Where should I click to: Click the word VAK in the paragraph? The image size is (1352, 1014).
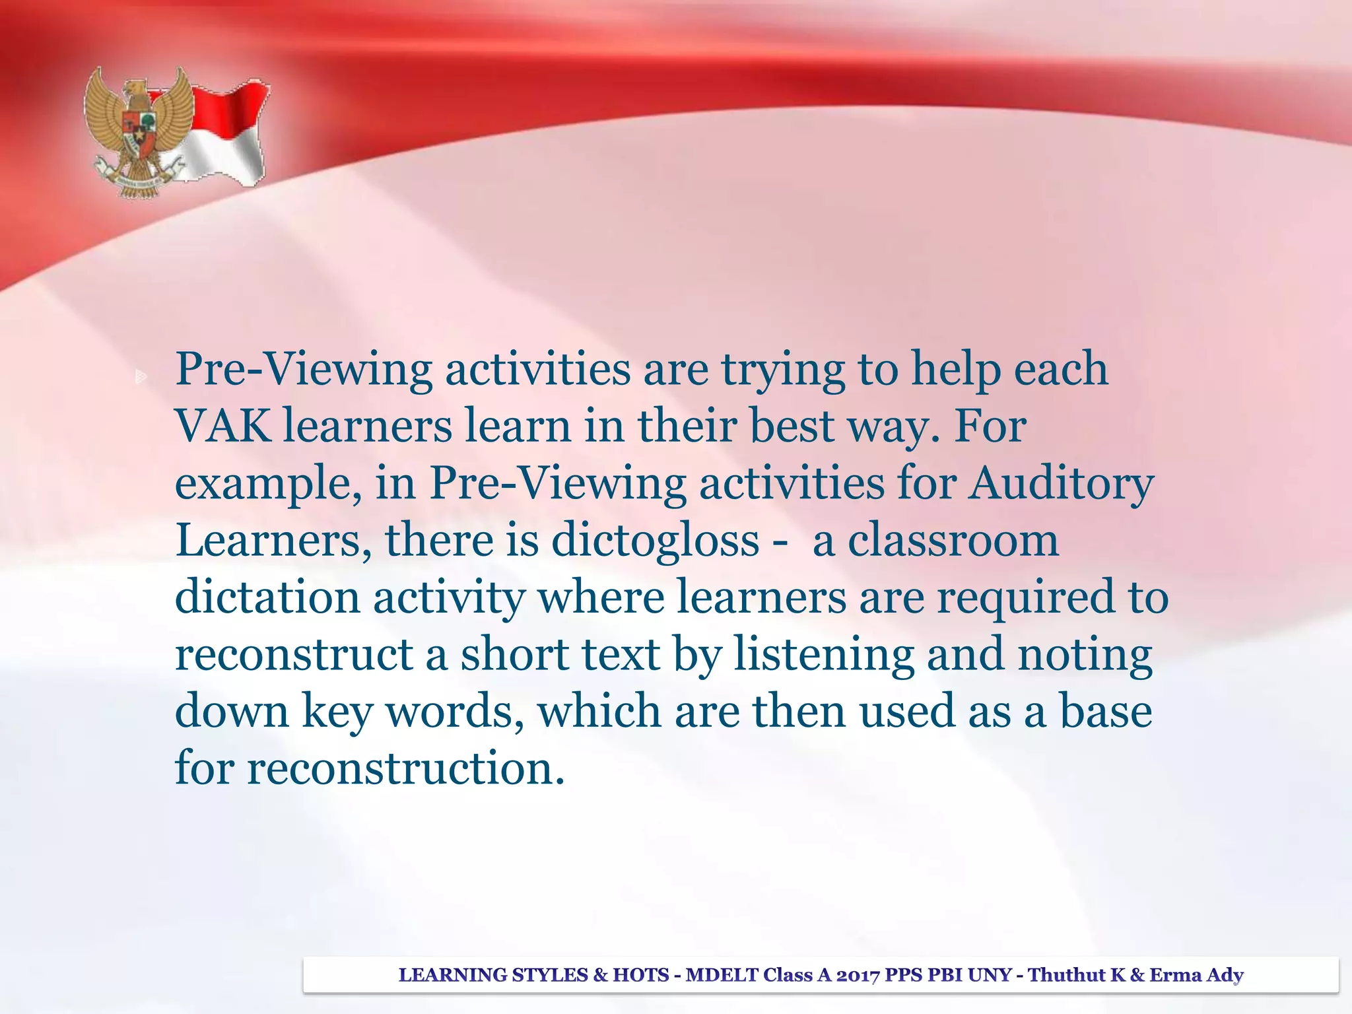[223, 426]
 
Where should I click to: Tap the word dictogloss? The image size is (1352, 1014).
[655, 541]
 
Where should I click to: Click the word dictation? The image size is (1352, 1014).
[267, 597]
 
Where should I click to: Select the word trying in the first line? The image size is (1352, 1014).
[783, 370]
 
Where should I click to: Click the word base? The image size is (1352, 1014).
[1106, 712]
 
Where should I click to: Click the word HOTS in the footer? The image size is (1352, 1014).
[640, 975]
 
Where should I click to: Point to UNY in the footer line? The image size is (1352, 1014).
[990, 975]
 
